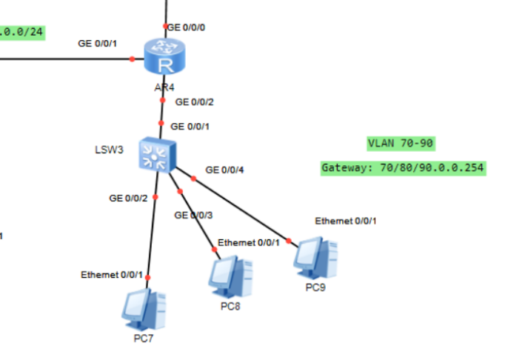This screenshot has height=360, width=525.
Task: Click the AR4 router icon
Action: coord(164,58)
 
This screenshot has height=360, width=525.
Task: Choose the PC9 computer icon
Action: coord(315,256)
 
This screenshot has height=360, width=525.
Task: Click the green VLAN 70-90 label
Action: coord(396,143)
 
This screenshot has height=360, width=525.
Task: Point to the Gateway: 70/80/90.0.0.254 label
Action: coord(403,168)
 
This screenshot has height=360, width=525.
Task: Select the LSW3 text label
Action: coord(108,147)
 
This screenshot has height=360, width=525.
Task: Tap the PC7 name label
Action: coord(144,339)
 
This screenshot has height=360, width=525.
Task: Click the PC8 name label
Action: coord(230,305)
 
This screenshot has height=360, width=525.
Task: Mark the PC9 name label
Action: coord(315,286)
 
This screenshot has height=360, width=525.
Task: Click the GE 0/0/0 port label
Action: coord(187,27)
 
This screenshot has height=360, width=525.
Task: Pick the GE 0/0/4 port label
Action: coord(224,170)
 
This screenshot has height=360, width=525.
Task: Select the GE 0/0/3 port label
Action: coord(193,216)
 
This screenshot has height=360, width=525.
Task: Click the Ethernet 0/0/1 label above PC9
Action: coord(346,221)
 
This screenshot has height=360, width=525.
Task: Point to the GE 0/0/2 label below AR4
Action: coord(194,102)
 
